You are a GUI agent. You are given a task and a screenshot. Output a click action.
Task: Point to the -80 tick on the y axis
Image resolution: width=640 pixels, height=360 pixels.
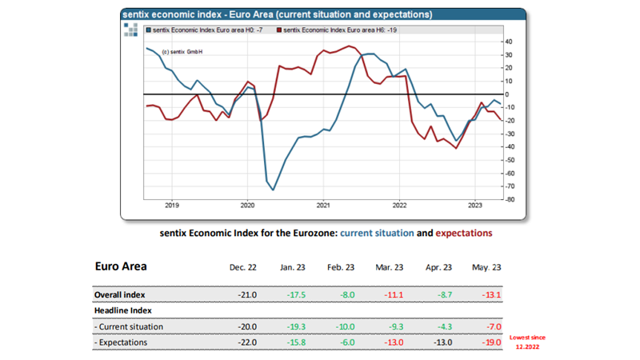coord(510,199)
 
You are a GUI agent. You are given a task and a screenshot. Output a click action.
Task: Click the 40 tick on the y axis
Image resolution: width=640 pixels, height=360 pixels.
coord(510,42)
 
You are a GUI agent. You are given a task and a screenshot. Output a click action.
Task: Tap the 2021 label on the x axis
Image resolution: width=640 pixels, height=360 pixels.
coord(323,205)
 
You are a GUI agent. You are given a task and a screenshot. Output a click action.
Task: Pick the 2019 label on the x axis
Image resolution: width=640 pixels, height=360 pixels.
coord(171,205)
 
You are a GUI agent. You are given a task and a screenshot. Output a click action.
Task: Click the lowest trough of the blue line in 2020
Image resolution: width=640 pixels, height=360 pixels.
coord(273,190)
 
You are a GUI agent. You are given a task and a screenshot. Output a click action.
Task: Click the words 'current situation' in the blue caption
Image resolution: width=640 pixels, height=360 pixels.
coord(377,234)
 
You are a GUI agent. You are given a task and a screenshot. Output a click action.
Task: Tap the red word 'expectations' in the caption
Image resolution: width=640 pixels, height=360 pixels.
coord(464,234)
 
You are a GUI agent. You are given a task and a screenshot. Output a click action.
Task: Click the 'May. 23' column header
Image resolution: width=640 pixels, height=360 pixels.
coord(486,268)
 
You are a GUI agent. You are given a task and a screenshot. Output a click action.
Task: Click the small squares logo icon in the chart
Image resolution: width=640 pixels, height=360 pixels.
coord(131,30)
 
